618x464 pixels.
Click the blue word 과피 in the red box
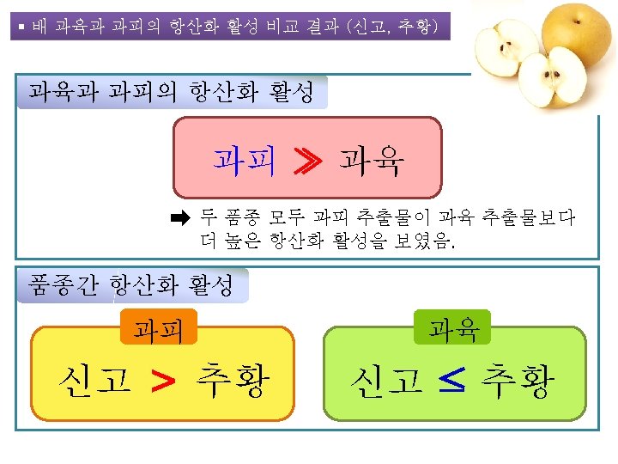tap(245, 160)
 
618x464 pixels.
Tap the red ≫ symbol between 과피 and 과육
tap(306, 161)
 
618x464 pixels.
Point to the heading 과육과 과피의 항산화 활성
tap(172, 91)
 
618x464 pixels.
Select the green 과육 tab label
tap(453, 327)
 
